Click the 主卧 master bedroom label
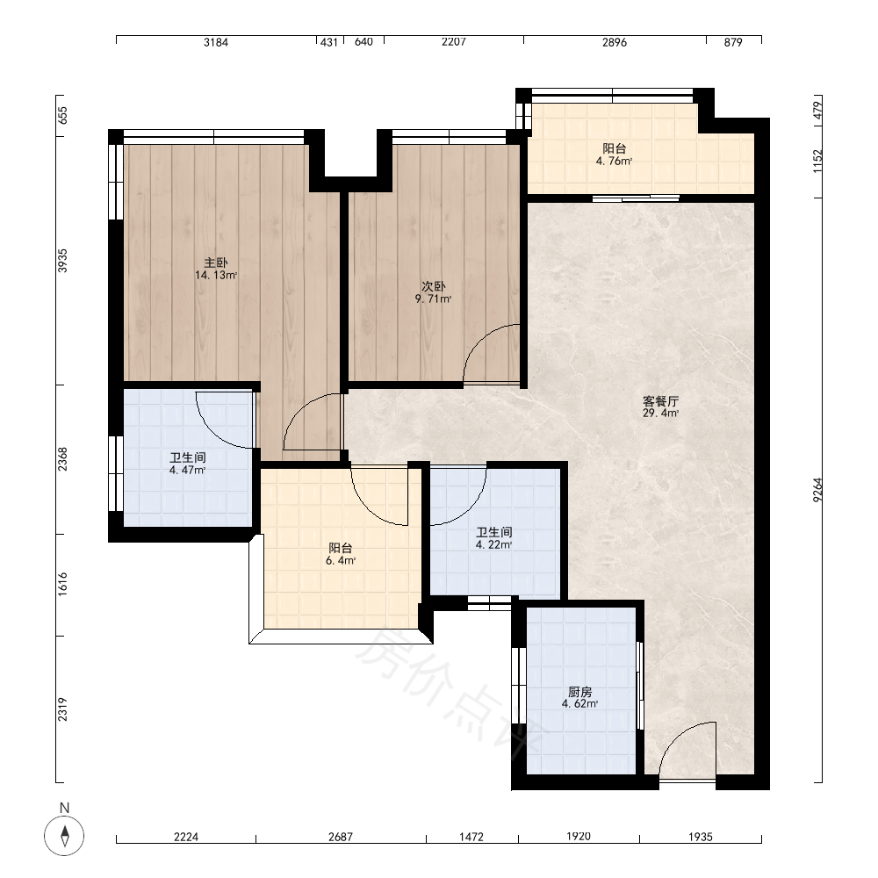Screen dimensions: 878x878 (x=216, y=262)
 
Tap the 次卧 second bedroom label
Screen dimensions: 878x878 (x=434, y=286)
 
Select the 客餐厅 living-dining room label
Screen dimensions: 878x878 (x=661, y=401)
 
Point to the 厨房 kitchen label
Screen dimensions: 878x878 (x=579, y=692)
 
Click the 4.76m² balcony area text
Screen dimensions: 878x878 (x=615, y=162)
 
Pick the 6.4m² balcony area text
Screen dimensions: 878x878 (x=341, y=560)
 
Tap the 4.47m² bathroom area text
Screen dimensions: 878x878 (x=188, y=470)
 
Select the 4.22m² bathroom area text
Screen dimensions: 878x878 (x=493, y=544)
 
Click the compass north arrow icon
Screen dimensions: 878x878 (x=64, y=836)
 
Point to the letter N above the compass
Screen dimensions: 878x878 (x=64, y=808)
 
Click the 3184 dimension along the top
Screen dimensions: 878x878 (x=216, y=42)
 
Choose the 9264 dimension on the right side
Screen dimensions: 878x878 (x=817, y=490)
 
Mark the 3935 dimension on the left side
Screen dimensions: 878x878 (x=62, y=261)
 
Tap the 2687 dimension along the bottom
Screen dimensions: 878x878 (x=341, y=837)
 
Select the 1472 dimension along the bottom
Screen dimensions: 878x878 (x=471, y=837)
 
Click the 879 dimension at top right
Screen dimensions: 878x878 (x=733, y=42)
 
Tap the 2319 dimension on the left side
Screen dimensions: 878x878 (x=62, y=709)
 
